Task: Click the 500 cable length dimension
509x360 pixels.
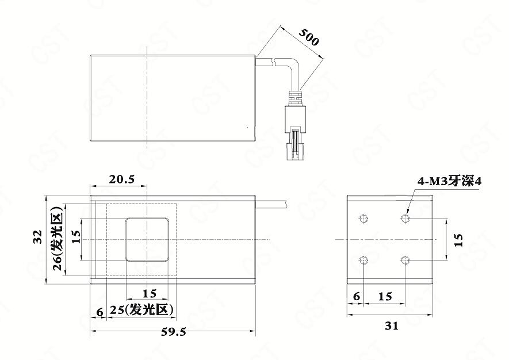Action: coord(309,37)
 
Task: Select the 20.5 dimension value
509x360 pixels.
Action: coord(122,179)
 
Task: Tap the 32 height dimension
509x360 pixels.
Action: coord(39,236)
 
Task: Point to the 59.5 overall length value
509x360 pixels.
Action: coord(174,332)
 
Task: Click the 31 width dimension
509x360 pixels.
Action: coord(392,325)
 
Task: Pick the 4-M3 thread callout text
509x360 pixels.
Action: coord(449,181)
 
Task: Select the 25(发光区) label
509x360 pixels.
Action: coord(141,310)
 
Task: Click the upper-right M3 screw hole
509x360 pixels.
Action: coord(405,218)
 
